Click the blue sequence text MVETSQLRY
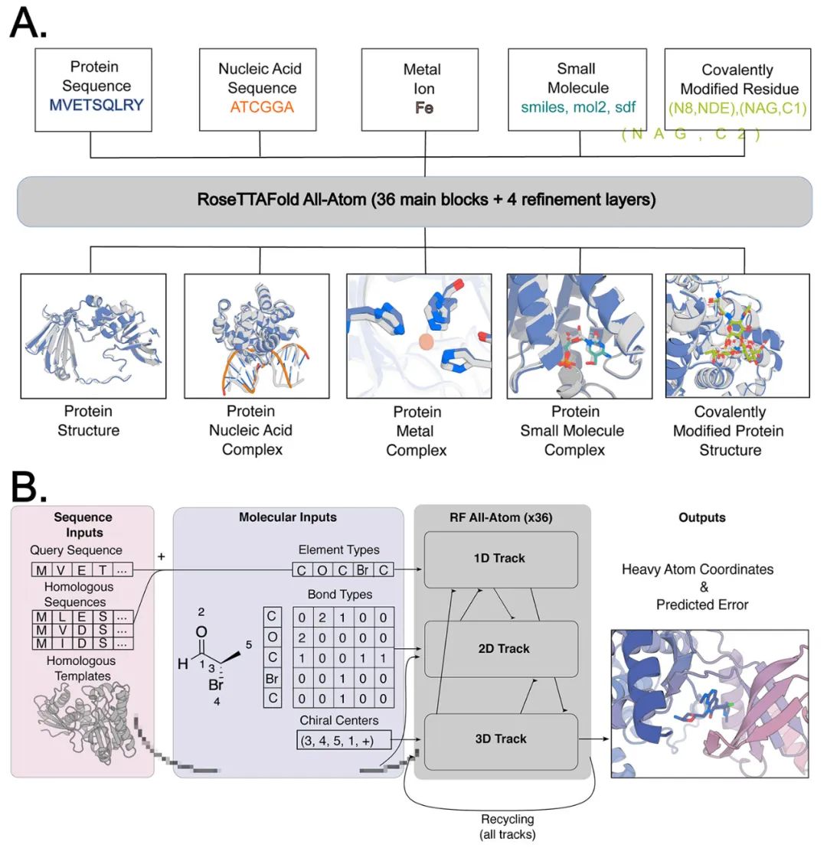click(93, 106)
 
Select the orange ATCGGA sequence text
click(260, 107)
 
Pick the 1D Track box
click(499, 559)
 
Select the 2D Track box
click(499, 649)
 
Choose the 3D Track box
click(499, 739)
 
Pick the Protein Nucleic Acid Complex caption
click(251, 430)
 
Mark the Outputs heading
click(702, 517)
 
